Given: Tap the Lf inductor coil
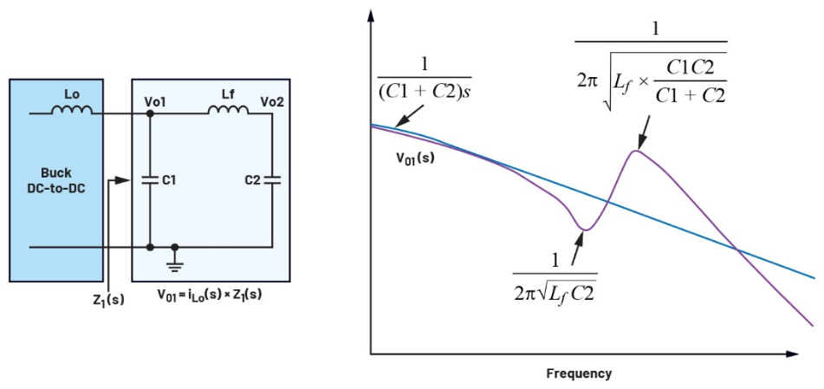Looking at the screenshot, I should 226,110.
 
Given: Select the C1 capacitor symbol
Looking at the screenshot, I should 151,180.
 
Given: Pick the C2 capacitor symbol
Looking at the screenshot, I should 273,180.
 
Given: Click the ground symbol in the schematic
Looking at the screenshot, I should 176,258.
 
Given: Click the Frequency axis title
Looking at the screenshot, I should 579,374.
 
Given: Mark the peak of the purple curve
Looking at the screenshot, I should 636,152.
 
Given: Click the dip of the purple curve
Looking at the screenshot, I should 586,230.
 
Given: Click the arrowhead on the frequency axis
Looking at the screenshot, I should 791,353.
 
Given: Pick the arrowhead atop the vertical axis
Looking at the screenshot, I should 371,16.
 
